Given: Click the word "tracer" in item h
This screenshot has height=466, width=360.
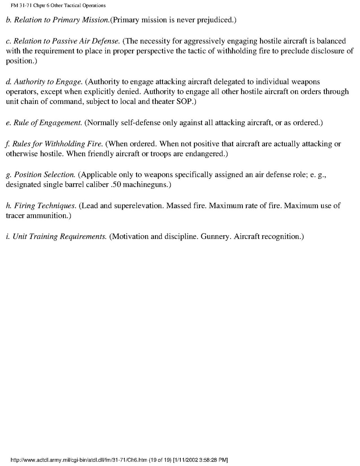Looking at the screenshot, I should [14, 216].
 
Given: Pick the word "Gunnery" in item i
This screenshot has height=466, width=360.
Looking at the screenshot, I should [215, 237].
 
